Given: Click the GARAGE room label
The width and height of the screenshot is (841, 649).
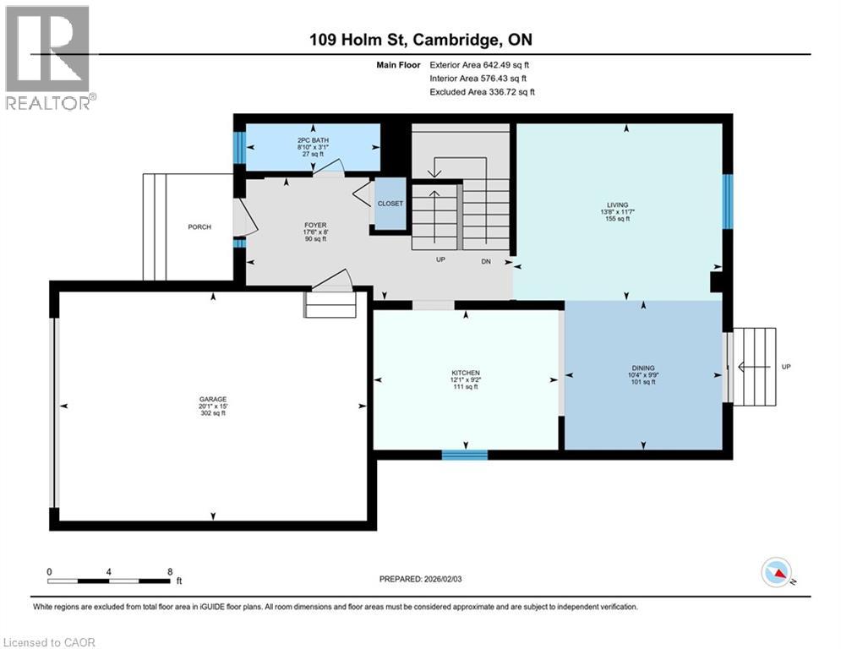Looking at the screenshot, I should tap(213, 399).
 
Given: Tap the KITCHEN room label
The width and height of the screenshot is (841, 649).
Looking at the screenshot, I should tap(465, 373).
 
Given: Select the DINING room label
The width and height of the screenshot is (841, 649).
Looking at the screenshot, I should tap(642, 368).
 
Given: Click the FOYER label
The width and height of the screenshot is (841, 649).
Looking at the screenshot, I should tap(315, 226).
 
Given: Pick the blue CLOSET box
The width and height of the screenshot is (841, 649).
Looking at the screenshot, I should tap(390, 204).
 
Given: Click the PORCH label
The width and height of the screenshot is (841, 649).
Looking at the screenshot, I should tap(199, 226).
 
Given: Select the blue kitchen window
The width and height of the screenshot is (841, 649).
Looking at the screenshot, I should tap(465, 455).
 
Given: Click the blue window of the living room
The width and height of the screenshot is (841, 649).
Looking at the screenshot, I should tap(727, 201).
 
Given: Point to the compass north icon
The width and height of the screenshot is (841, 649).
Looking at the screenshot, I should tap(776, 573).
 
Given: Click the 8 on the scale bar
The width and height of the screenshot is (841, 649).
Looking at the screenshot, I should tap(170, 571).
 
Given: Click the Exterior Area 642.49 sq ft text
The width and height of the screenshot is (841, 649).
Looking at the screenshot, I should tap(480, 64).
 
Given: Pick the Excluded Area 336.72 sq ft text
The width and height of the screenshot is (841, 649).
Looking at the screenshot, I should tap(482, 92).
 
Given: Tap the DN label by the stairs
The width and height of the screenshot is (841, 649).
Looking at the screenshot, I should tap(486, 261).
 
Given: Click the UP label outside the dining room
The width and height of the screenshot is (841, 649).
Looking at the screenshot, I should tap(787, 367).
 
